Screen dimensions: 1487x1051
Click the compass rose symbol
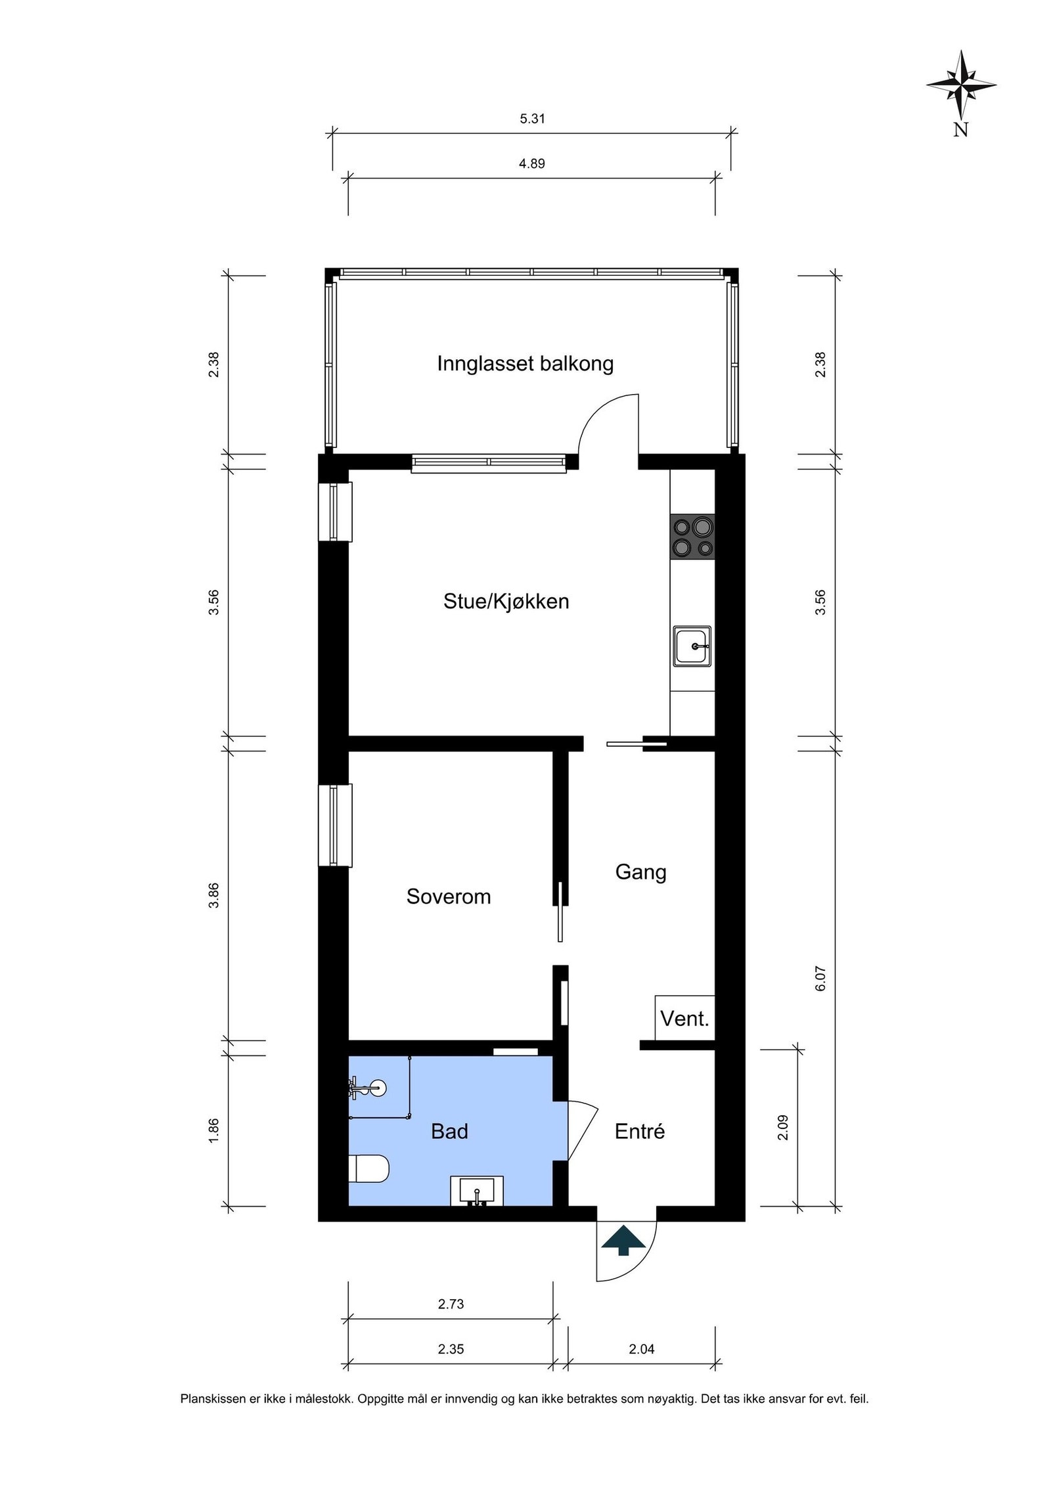960,85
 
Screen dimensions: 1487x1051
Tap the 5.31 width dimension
532,119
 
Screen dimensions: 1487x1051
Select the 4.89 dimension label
531,164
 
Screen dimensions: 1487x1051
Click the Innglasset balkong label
525,363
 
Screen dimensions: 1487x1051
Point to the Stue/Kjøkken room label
506,601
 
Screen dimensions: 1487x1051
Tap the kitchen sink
692,646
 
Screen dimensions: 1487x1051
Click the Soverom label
448,897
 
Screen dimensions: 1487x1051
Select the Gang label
640,872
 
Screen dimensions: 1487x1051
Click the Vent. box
684,1019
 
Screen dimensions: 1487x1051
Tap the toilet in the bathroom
368,1168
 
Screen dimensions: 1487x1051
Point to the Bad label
449,1131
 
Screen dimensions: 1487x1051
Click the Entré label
639,1131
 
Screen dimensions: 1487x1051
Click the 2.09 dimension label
782,1127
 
